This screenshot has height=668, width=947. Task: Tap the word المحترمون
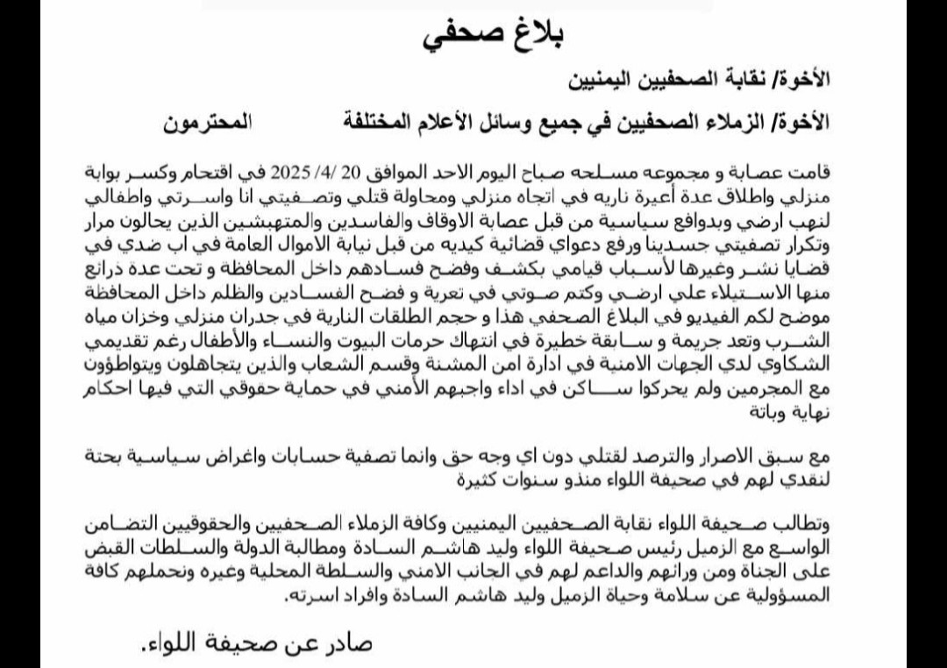point(206,123)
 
